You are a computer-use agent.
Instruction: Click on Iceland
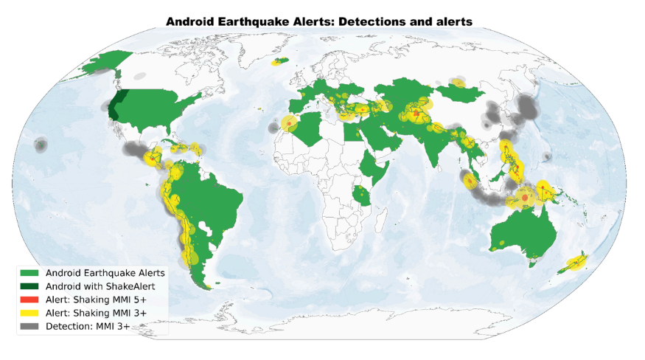[x=280, y=61]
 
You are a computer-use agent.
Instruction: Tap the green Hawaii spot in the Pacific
[x=38, y=146]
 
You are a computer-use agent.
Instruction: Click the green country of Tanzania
[x=361, y=195]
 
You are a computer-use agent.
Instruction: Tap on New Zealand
[x=576, y=260]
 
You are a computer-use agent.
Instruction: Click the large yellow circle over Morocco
[x=289, y=124]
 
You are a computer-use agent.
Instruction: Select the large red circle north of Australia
[x=524, y=198]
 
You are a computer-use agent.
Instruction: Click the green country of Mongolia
[x=459, y=92]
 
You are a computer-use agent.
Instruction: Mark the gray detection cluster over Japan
[x=526, y=108]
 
